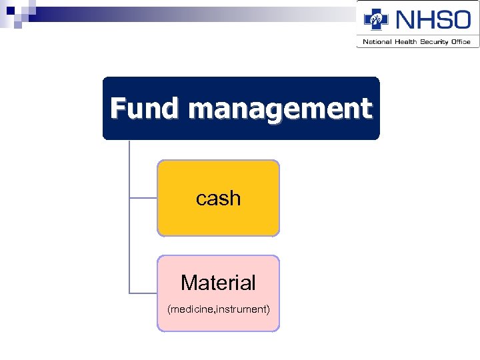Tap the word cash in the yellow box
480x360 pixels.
point(218,198)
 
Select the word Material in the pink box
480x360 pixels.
point(218,283)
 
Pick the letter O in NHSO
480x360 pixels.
point(459,19)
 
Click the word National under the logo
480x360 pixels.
point(376,42)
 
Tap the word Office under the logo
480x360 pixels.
point(461,42)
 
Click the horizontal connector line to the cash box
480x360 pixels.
point(143,198)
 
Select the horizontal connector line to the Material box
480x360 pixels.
point(143,293)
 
